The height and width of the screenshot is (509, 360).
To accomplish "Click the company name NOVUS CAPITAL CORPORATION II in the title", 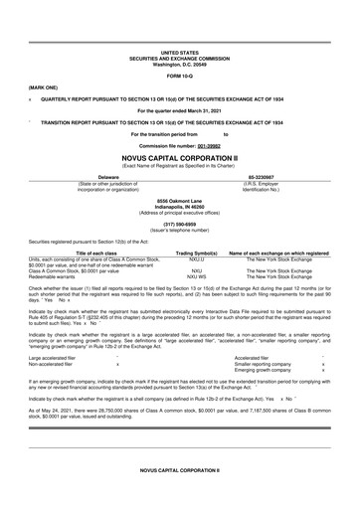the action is point(180,155).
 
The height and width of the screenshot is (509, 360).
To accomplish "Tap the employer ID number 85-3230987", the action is point(283,174).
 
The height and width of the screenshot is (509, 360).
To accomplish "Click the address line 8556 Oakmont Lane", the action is point(180,200).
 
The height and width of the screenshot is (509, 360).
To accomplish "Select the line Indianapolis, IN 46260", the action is point(180,206).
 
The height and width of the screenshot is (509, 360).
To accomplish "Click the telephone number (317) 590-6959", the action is point(180,224).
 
